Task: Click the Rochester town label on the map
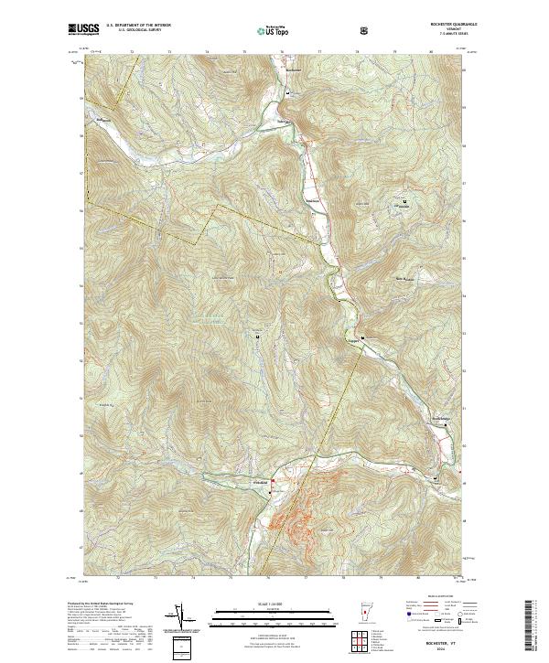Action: [x=293, y=70]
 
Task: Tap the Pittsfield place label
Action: [x=260, y=482]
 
